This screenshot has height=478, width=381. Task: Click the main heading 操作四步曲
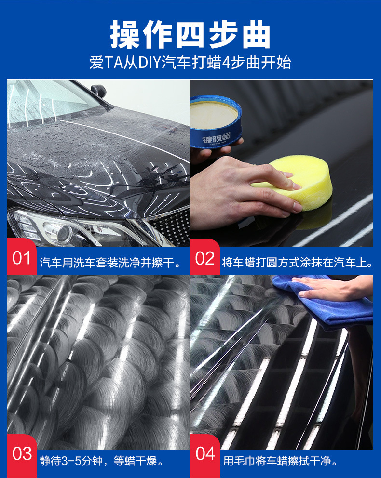(190, 34)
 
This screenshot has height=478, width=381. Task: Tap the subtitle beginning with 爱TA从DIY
(190, 63)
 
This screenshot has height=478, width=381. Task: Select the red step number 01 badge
(22, 257)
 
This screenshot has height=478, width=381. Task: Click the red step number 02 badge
(205, 257)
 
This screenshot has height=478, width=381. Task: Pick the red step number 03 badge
(22, 454)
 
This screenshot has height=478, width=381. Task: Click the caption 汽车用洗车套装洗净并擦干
(110, 263)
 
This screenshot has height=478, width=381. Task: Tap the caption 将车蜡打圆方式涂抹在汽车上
(298, 263)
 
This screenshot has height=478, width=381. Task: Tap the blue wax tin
(216, 122)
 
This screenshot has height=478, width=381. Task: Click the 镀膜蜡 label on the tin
(217, 139)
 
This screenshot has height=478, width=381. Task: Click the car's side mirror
(99, 90)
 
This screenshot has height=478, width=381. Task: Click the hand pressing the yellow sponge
(241, 192)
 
